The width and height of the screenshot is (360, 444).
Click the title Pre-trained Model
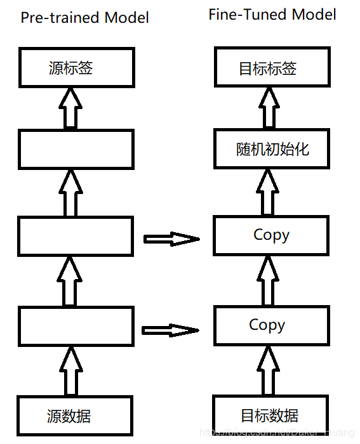(x=84, y=17)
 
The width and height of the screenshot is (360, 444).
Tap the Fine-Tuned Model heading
(x=272, y=15)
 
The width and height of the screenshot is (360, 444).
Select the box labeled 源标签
(x=76, y=69)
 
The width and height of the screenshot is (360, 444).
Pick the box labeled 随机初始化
(x=271, y=149)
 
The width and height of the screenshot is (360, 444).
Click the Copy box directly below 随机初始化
(x=271, y=235)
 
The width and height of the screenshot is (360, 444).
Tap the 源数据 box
(x=76, y=416)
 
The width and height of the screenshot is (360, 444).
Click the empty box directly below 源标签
(x=76, y=149)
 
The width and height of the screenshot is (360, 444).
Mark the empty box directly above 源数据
(x=76, y=326)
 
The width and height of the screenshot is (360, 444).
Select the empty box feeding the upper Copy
(x=76, y=236)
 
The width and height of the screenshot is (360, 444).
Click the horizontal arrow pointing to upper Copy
(x=171, y=239)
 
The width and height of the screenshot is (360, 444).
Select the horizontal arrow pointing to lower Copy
(x=170, y=330)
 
